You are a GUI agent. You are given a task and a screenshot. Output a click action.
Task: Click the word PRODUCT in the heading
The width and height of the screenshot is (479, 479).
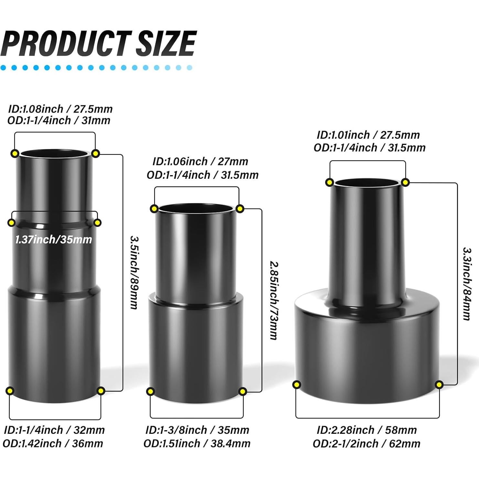[66, 43]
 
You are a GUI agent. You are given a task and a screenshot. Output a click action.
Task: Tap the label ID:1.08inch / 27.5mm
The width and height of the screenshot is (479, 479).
[60, 109]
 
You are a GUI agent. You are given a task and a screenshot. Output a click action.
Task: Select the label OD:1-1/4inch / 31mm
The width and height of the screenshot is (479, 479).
[59, 120]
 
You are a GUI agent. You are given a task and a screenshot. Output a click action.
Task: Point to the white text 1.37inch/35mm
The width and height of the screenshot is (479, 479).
[54, 239]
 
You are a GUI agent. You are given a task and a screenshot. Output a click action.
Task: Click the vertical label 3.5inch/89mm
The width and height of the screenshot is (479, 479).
[134, 272]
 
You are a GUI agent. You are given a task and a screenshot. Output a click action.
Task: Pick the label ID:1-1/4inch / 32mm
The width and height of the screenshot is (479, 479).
[54, 430]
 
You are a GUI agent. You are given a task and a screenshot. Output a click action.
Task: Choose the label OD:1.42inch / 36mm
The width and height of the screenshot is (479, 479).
[53, 443]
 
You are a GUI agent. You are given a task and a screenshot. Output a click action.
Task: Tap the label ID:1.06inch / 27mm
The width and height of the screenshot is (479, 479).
[200, 161]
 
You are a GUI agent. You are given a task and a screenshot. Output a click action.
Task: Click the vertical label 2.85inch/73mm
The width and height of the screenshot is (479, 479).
[274, 300]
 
